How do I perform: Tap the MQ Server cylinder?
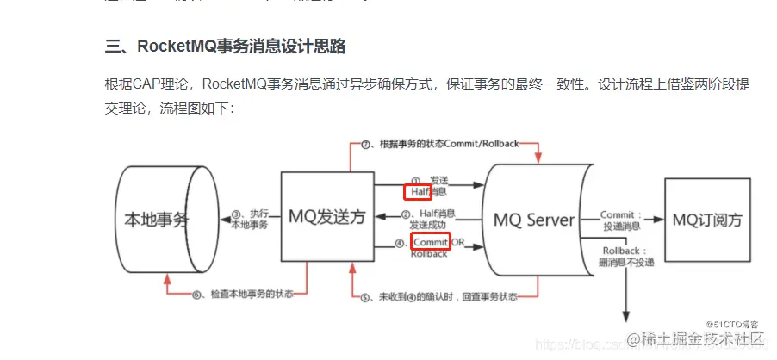pos(534,220)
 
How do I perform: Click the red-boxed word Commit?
pos(431,243)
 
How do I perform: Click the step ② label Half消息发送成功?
pos(429,219)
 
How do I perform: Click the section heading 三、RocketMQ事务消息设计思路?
pos(225,46)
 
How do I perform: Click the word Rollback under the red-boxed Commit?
pos(429,254)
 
